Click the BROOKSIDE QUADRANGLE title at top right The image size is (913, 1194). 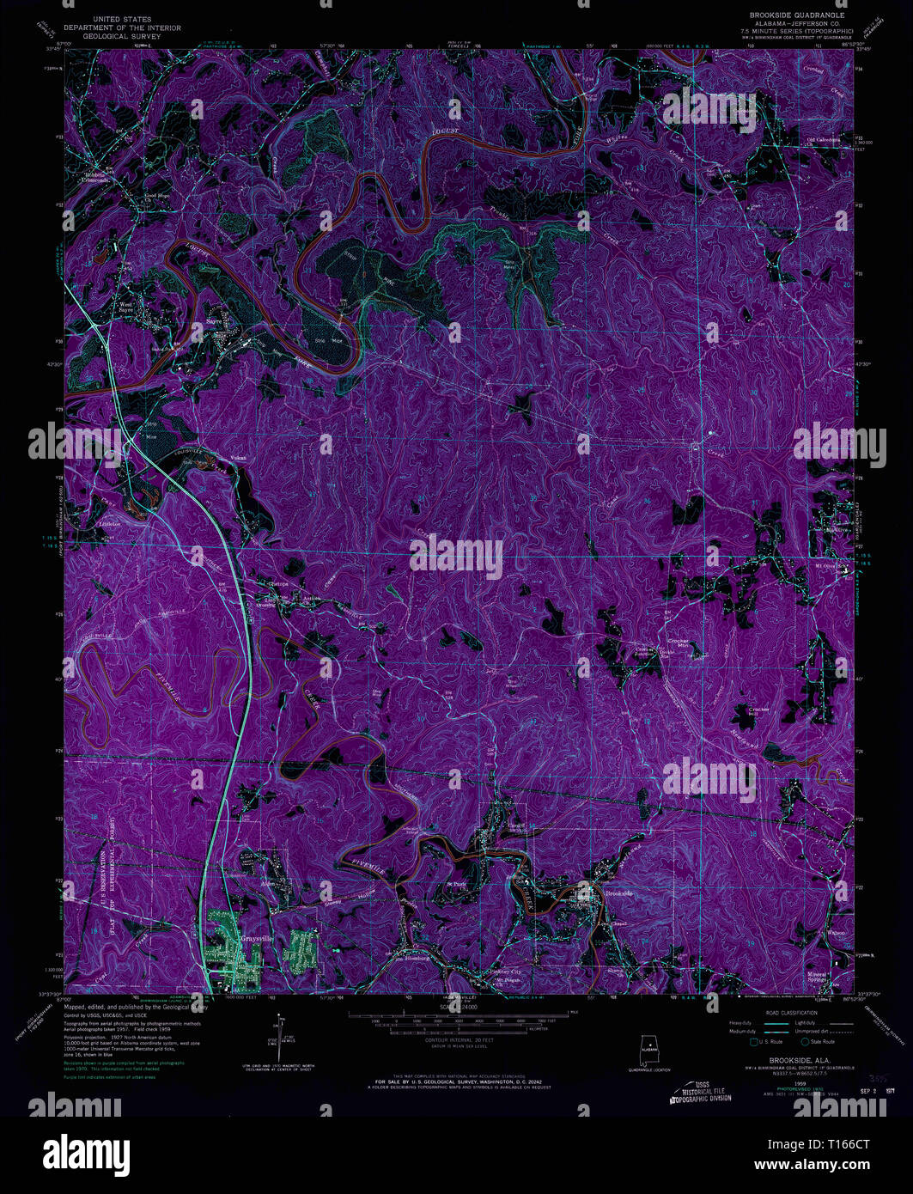pos(785,16)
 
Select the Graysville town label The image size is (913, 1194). pos(257,938)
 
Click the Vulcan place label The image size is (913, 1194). pos(239,458)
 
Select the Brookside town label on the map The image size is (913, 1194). pos(618,894)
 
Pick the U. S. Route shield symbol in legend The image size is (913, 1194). pos(754,1042)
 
